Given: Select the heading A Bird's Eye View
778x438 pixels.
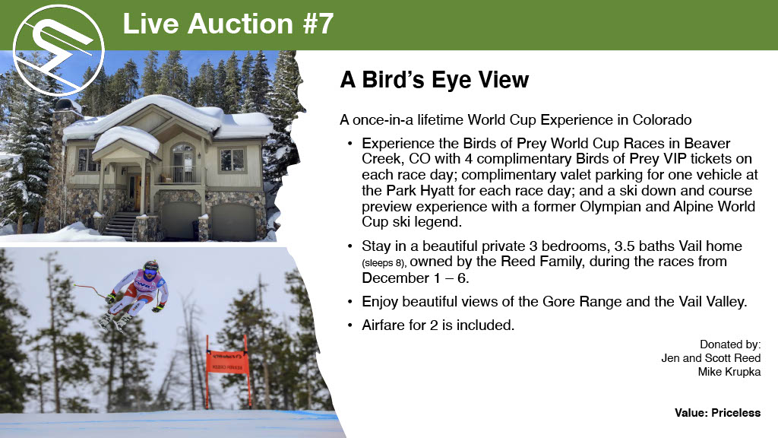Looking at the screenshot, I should point(434,80).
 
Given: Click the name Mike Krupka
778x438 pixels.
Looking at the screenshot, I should point(729,372).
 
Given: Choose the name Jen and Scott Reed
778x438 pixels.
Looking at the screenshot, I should point(710,358).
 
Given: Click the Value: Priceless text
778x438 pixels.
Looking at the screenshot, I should point(717,413).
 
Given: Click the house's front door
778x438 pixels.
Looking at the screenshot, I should point(135,193).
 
